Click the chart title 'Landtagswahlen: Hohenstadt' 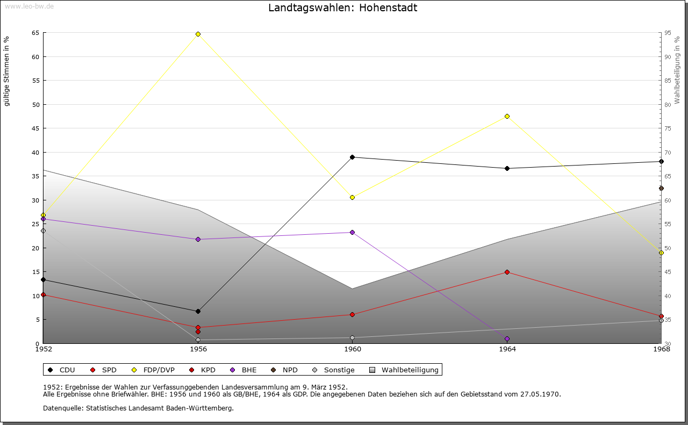(342, 8)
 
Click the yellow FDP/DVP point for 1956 (198, 34)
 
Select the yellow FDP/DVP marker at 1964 (507, 116)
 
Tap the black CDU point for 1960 (352, 157)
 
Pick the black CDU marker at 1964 (507, 168)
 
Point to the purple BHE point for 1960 (352, 232)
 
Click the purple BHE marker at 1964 (507, 338)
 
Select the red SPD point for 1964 (507, 272)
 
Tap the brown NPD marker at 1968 (661, 188)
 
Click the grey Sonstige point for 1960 (352, 337)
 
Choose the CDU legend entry (62, 370)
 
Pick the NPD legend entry (284, 370)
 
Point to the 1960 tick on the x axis (353, 349)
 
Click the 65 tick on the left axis (35, 33)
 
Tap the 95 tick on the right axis (668, 33)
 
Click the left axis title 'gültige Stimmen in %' (7, 71)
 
